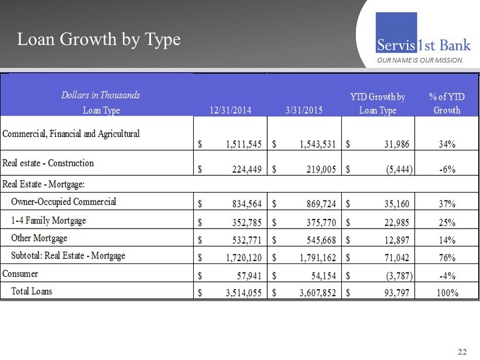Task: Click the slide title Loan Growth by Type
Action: click(x=99, y=39)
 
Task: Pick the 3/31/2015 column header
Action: click(x=304, y=111)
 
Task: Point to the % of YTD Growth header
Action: click(x=446, y=103)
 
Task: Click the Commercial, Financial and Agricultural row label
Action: click(x=71, y=134)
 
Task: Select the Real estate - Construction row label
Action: click(x=48, y=163)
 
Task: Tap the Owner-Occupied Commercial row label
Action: click(x=63, y=201)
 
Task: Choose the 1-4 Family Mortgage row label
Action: click(x=49, y=220)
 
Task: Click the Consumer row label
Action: click(x=20, y=274)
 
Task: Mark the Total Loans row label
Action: click(x=32, y=291)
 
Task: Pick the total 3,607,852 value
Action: click(x=312, y=293)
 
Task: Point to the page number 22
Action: click(x=462, y=352)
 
